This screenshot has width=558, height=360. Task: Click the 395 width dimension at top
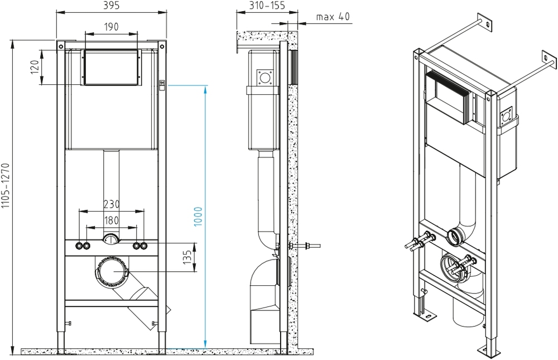(112, 5)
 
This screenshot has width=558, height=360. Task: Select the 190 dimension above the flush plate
(111, 26)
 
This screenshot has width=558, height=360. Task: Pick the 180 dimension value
(111, 220)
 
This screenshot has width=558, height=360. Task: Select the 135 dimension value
(188, 257)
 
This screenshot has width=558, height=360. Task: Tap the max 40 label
(333, 17)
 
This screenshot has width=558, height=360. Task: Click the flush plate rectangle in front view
(111, 68)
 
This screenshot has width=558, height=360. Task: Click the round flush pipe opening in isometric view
(456, 236)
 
